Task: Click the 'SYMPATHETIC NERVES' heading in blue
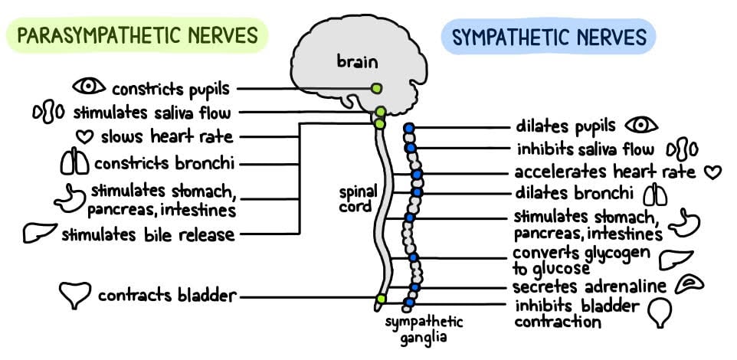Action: [549, 36]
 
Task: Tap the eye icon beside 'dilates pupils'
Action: [641, 125]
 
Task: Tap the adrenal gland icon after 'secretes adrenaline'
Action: [690, 286]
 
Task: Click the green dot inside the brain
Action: [376, 89]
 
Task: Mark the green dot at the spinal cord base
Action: [379, 297]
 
